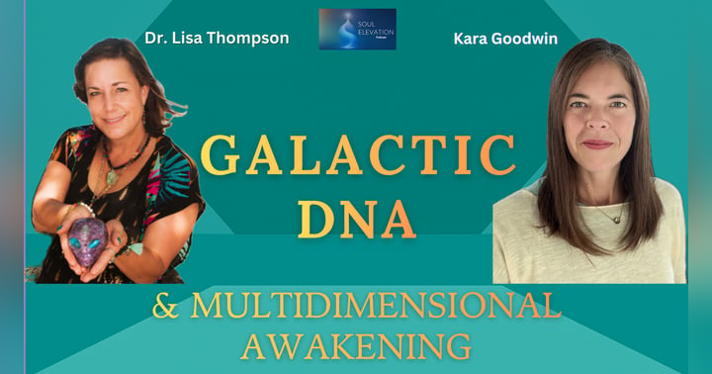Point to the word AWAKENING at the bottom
pos(356,347)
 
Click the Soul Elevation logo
pos(357,29)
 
